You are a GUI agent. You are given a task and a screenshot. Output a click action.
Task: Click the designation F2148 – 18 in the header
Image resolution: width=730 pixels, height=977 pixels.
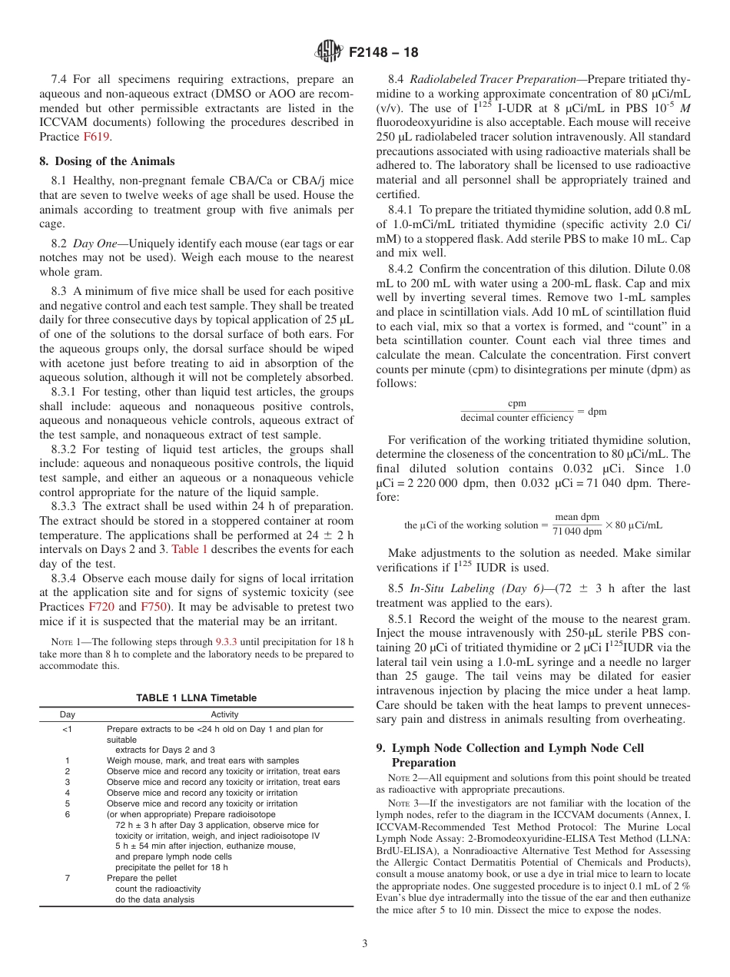pos(383,53)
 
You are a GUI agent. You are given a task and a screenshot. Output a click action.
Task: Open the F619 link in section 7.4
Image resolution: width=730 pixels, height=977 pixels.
pos(97,137)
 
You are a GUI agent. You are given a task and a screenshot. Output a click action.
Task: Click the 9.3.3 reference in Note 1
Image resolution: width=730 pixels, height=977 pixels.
pos(227,641)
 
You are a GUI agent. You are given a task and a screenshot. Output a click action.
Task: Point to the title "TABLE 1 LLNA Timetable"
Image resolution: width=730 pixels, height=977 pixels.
pos(196,697)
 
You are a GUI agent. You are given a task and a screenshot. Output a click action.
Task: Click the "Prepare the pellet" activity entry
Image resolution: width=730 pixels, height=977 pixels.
pos(141,878)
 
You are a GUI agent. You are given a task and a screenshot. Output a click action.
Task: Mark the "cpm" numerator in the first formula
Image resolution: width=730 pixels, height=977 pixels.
pos(517,404)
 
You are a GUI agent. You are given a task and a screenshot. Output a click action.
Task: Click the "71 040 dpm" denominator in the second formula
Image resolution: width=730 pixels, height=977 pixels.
pos(577,532)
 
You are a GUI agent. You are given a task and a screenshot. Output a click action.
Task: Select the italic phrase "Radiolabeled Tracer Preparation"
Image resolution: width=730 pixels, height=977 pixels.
pos(493,79)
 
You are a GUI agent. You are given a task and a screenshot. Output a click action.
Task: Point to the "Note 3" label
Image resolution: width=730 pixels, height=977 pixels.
pos(403,803)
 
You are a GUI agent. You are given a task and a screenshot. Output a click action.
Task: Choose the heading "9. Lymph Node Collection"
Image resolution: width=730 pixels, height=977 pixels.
pos(517,748)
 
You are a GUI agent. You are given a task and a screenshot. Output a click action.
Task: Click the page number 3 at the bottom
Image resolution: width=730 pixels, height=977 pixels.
pos(365,944)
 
